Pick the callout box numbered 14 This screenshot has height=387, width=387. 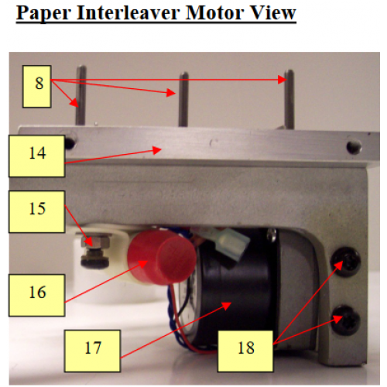36,152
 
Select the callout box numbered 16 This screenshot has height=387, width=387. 36,292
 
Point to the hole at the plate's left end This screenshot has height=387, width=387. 70,143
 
